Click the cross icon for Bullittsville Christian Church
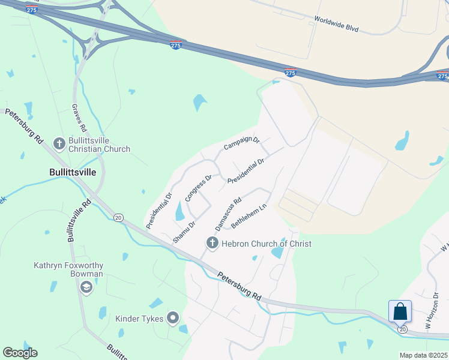point(59,143)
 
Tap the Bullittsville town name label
point(72,172)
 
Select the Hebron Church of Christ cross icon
point(211,244)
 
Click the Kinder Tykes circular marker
point(173,318)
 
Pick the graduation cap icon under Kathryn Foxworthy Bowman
point(86,288)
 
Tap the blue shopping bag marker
point(400,312)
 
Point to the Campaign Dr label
point(241,143)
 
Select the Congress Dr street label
point(199,188)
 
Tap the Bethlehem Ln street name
point(249,217)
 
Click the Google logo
point(20,353)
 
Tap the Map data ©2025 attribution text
point(423,355)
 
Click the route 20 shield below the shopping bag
point(402,329)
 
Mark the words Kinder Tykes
point(139,318)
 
